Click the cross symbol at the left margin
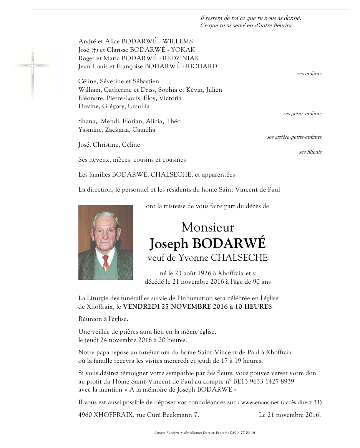click(33, 67)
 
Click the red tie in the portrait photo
click(106, 263)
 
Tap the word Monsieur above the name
click(207, 227)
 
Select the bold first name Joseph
click(168, 243)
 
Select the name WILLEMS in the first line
click(177, 41)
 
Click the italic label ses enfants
click(310, 74)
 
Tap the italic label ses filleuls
click(310, 152)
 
